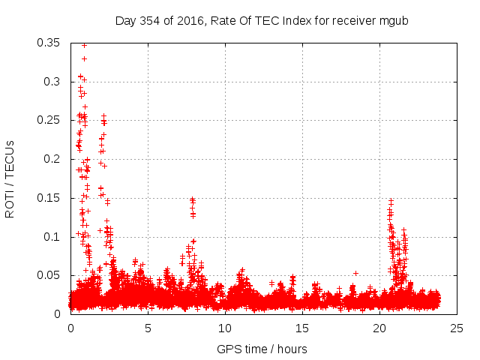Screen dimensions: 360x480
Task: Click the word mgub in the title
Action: coord(397,19)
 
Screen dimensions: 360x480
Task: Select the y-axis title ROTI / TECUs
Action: coord(10,178)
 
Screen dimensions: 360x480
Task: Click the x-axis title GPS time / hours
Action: coord(262,349)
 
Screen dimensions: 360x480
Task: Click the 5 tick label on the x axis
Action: coord(148,328)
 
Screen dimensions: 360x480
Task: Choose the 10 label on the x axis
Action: coord(225,328)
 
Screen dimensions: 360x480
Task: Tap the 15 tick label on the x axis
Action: coord(302,328)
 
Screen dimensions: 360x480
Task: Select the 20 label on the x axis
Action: coord(379,328)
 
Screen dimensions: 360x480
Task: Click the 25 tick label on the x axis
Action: coord(457,328)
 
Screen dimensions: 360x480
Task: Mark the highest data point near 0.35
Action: coord(84,45)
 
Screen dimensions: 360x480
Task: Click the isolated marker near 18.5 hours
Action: coord(355,273)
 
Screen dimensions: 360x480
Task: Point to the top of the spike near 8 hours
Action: coord(192,199)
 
